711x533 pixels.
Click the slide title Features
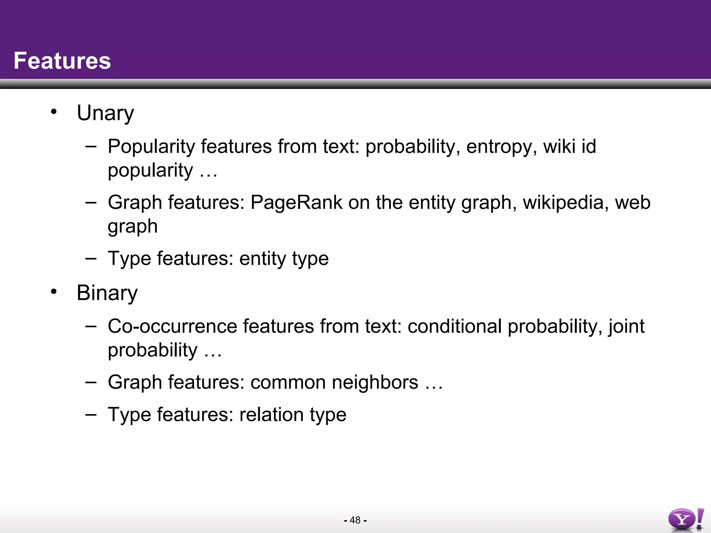pyautogui.click(x=62, y=61)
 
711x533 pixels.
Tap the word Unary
pyautogui.click(x=105, y=113)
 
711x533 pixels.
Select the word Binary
pyautogui.click(x=107, y=293)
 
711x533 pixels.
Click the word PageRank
pyautogui.click(x=296, y=202)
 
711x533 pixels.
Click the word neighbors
pyautogui.click(x=375, y=382)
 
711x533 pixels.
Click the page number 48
pyautogui.click(x=355, y=520)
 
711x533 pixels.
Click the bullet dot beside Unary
pyautogui.click(x=53, y=112)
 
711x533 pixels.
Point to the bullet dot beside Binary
pyautogui.click(x=53, y=291)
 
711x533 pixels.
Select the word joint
pyautogui.click(x=626, y=327)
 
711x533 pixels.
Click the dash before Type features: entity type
pyautogui.click(x=91, y=258)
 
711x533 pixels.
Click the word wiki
pyautogui.click(x=557, y=146)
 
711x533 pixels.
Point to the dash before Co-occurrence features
pyautogui.click(x=91, y=326)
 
